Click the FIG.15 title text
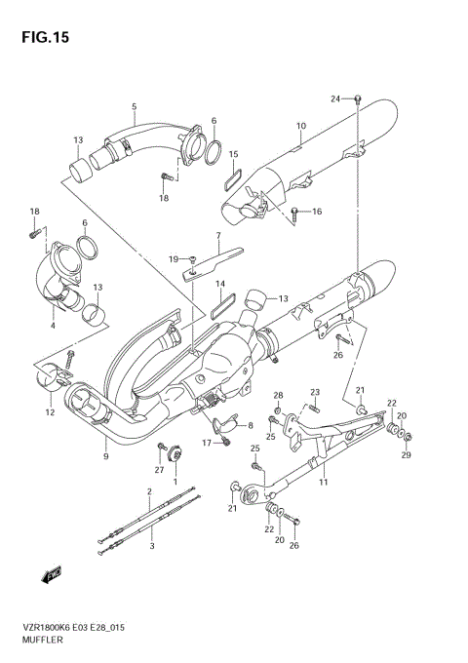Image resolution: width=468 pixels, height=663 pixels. (40, 36)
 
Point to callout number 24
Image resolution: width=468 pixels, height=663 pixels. (335, 99)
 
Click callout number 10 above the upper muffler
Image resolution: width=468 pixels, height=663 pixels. (301, 126)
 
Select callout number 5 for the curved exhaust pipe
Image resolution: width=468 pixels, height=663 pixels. (134, 106)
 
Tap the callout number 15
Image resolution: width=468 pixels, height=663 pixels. (234, 154)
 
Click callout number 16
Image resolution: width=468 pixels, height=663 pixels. (317, 211)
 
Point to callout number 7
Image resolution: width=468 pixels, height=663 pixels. (218, 235)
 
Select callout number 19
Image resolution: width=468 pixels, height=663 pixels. (173, 258)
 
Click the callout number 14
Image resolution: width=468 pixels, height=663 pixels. (220, 285)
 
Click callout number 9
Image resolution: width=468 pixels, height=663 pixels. (105, 454)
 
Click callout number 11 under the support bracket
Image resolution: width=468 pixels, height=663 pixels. (323, 482)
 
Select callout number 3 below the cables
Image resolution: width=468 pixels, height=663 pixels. (152, 547)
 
